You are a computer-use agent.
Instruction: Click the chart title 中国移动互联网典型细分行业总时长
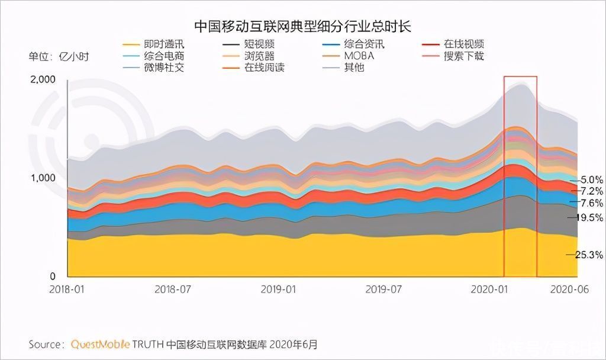coord(303,26)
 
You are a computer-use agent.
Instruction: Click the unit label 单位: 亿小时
coord(59,57)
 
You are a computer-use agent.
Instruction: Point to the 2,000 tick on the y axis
coord(43,80)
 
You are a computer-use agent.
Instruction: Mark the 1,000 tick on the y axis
coord(43,178)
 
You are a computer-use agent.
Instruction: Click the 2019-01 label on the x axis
coord(279,290)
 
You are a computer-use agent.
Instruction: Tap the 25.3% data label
coord(589,255)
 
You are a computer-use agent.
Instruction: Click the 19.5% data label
coord(589,218)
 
